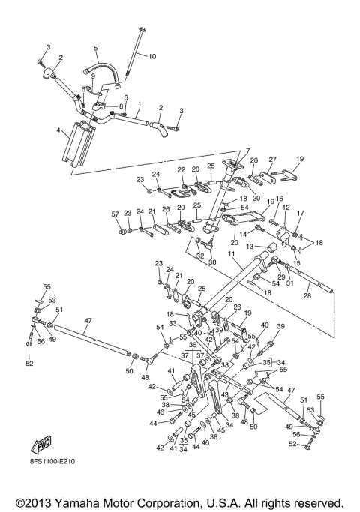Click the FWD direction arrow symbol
(x=41, y=445)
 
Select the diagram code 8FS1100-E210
(x=52, y=461)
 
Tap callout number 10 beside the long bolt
(x=152, y=56)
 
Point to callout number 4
(x=58, y=130)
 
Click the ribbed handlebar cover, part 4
(x=79, y=143)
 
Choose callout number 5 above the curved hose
(x=95, y=48)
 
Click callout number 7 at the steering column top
(x=248, y=151)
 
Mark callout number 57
(x=115, y=214)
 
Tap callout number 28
(x=307, y=296)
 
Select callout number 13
(x=250, y=246)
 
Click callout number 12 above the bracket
(x=286, y=208)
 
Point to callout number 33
(x=172, y=324)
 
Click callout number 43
(x=225, y=394)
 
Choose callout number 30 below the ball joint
(x=212, y=262)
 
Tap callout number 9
(x=93, y=76)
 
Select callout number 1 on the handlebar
(x=139, y=104)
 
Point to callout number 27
(x=273, y=160)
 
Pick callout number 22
(x=181, y=169)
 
